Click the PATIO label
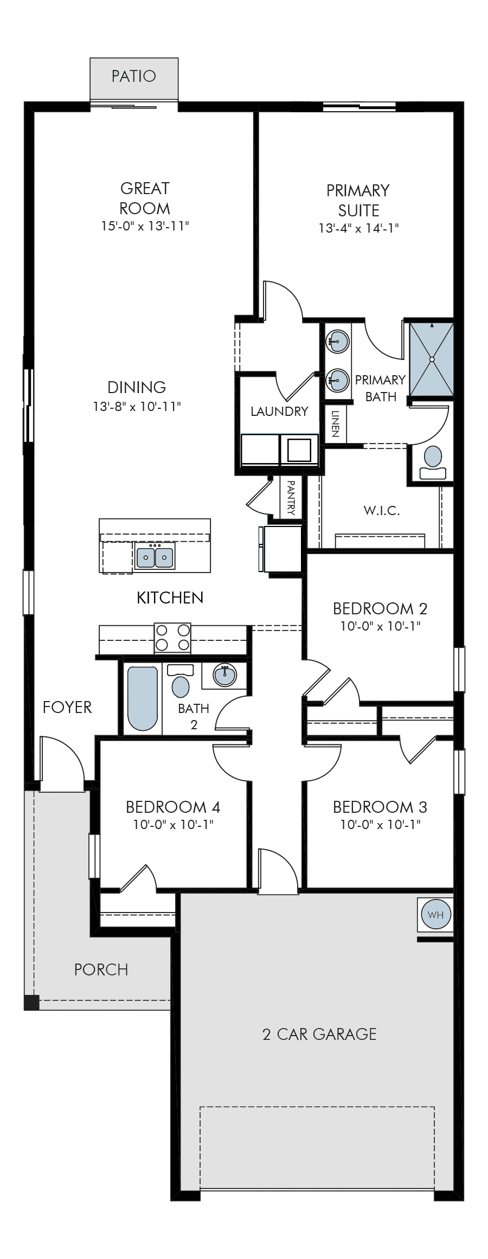tap(133, 76)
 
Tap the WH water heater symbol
tap(435, 915)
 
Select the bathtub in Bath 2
tap(143, 698)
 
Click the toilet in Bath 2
tap(181, 681)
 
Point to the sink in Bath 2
tap(225, 675)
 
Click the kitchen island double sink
tap(155, 557)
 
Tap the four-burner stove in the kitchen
tap(173, 638)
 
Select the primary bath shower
tap(432, 359)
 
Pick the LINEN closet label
tap(335, 423)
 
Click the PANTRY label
tap(291, 497)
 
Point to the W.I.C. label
tap(382, 510)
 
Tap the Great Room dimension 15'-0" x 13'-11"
tap(145, 226)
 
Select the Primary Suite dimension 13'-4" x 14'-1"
tap(358, 228)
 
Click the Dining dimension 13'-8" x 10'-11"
tap(137, 406)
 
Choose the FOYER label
tap(67, 707)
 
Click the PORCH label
tap(101, 969)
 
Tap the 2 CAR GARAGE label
tap(319, 1034)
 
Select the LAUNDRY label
tap(279, 412)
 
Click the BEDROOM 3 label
tap(380, 807)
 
